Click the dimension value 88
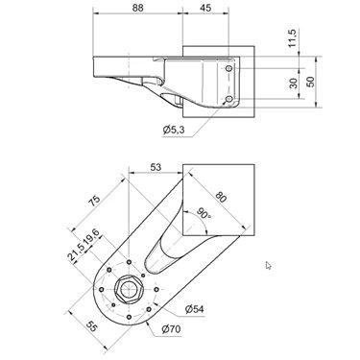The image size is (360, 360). pos(138,8)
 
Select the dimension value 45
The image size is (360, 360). pos(205,8)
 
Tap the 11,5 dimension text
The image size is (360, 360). pos(293,38)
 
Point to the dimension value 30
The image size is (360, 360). pos(293,83)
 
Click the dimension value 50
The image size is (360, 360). pos(310,82)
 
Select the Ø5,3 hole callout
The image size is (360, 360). pos(174,131)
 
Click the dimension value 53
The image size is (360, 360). pos(156,167)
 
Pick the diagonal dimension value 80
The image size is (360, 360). pos(221,197)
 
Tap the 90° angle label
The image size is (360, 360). pos(203,213)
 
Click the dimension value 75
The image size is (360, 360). pos(95,200)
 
